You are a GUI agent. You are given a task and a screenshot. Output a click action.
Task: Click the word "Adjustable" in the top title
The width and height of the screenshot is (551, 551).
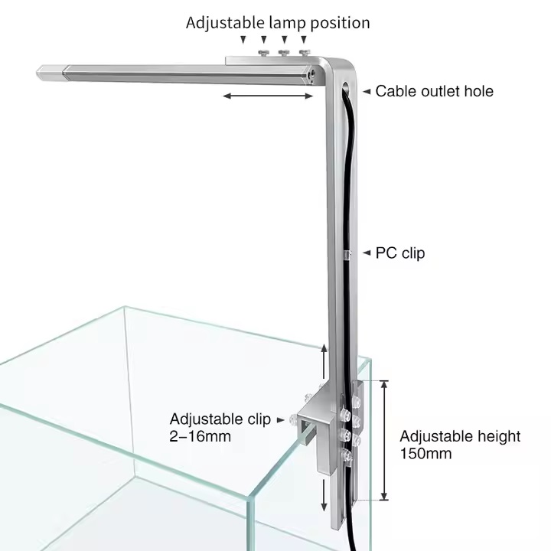(x=225, y=23)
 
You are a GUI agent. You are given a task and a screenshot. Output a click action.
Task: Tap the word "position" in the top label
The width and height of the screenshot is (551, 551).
(x=340, y=23)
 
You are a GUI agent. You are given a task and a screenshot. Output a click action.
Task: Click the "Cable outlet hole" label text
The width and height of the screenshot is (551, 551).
(x=435, y=91)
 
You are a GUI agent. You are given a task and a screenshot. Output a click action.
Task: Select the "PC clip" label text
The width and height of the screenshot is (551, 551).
(x=400, y=253)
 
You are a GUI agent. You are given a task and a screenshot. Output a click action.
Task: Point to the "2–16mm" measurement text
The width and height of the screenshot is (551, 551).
(x=200, y=436)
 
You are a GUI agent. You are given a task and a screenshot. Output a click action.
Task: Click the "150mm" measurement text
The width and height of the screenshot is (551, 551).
(x=426, y=453)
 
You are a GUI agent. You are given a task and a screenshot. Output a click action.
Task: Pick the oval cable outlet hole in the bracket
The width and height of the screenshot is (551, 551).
(x=346, y=87)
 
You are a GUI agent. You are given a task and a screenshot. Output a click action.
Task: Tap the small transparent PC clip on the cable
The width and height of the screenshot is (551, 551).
(x=347, y=255)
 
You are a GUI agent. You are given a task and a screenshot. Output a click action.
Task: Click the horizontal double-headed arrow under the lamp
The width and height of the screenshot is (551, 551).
(x=268, y=96)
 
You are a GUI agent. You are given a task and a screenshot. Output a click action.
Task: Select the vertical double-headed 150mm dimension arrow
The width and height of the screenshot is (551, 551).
(x=384, y=440)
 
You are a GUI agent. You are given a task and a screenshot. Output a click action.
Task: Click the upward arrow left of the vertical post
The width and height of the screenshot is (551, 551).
(x=324, y=361)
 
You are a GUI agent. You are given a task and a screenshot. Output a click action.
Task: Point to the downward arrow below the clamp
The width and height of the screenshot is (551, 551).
(x=324, y=494)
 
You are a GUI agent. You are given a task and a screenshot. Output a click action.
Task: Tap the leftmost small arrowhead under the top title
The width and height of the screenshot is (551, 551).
(x=243, y=40)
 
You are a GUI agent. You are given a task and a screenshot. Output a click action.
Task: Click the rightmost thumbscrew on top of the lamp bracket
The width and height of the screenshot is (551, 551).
(x=305, y=53)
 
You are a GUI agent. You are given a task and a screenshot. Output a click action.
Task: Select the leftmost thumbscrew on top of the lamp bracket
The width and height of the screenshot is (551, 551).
(x=263, y=53)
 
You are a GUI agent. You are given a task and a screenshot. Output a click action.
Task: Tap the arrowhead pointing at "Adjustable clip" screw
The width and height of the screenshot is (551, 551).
(x=280, y=419)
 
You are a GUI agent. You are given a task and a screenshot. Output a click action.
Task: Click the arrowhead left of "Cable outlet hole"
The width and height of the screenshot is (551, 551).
(x=367, y=91)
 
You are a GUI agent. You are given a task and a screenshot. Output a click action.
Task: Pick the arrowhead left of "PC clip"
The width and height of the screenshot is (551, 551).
(x=367, y=253)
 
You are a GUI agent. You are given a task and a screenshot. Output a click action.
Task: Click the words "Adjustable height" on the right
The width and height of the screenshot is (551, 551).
(x=460, y=437)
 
